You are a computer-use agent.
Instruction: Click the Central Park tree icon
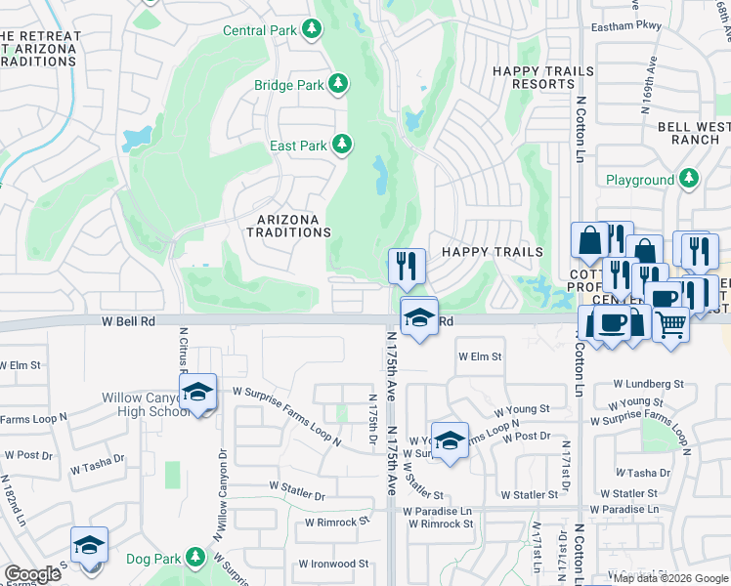[x=312, y=29]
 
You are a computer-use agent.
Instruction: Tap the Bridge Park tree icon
[x=339, y=84]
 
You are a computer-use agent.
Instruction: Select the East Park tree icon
[x=342, y=146]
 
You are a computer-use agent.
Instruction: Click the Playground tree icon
[x=689, y=179]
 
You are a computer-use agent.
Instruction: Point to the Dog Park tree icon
[x=195, y=558]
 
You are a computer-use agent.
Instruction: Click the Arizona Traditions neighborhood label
[x=288, y=226]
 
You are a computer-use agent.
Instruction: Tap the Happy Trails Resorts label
[x=534, y=77]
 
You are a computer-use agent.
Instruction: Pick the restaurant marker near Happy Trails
[x=406, y=265]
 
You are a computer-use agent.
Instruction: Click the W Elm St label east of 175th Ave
[x=480, y=357]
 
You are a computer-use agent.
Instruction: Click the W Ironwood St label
[x=333, y=564]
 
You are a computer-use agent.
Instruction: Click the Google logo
[x=32, y=574]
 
